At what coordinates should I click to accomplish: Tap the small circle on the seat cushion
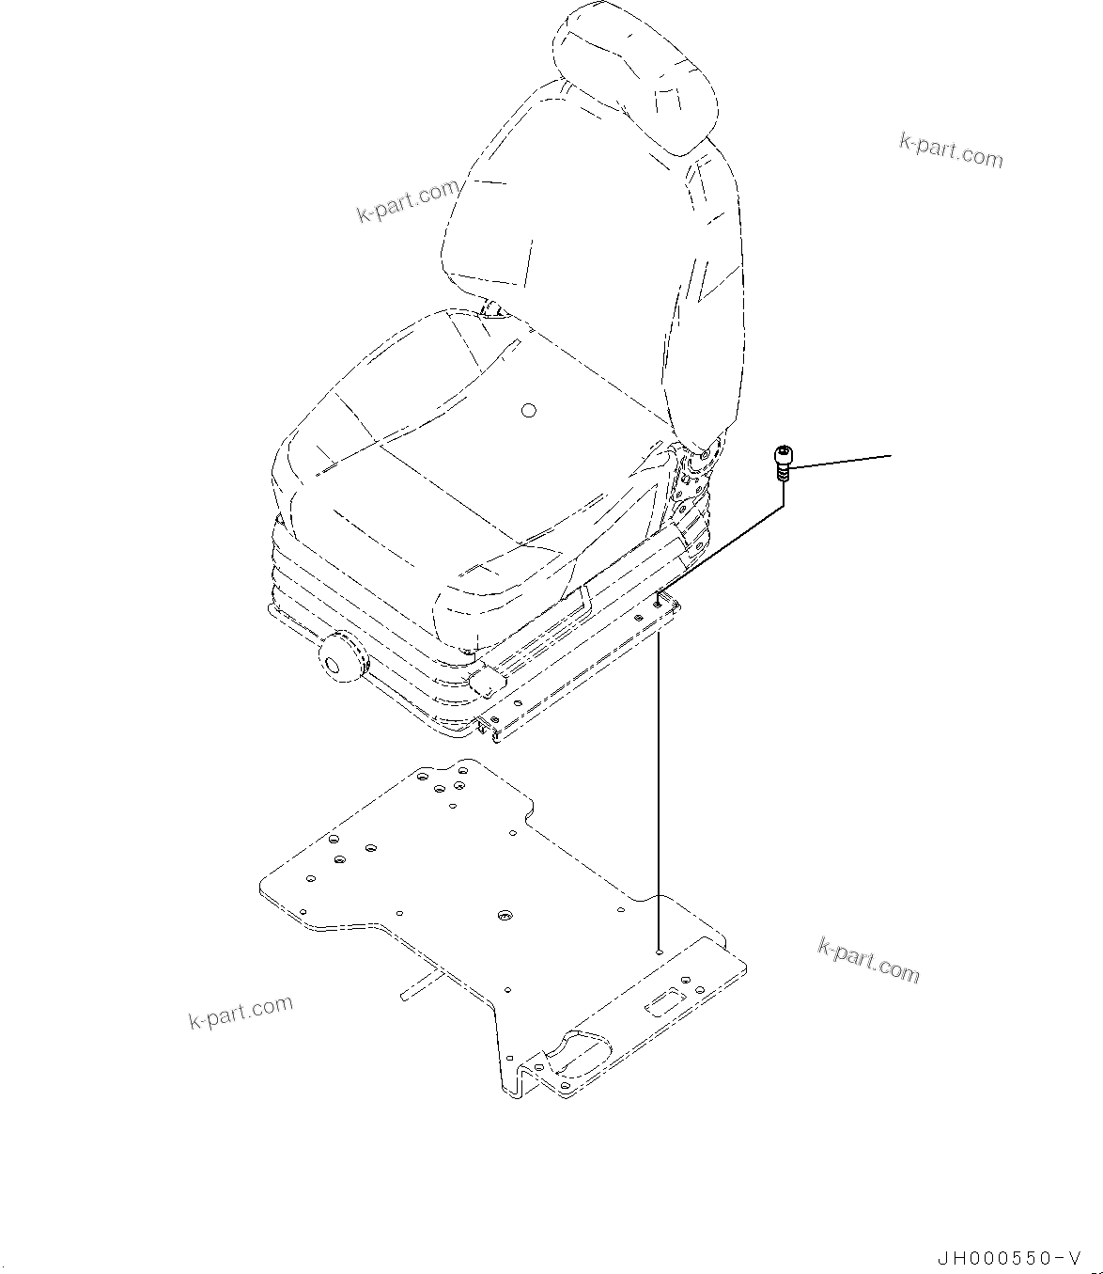[x=528, y=411]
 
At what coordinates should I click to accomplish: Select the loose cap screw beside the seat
[x=781, y=463]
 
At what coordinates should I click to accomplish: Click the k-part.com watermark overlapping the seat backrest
[x=408, y=202]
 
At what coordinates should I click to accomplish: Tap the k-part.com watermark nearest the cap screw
[x=951, y=150]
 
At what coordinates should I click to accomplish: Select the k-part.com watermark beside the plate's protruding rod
[x=241, y=1012]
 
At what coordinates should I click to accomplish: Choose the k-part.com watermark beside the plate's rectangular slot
[x=868, y=959]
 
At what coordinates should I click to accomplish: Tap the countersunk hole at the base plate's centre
[x=505, y=915]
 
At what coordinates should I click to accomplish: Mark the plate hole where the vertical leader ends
[x=660, y=952]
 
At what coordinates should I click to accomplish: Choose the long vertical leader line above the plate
[x=660, y=790]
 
